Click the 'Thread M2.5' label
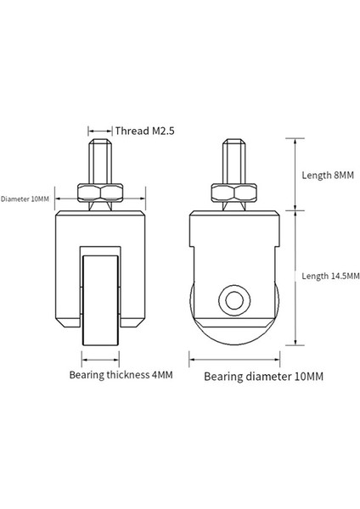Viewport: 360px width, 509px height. pos(144,131)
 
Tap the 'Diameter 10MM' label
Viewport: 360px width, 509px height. pos(25,199)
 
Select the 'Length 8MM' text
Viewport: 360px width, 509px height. pos(328,176)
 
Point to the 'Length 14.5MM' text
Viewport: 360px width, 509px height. pos(330,276)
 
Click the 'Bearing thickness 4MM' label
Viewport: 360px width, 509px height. pos(121,375)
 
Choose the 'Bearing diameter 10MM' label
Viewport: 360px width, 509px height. pos(263,377)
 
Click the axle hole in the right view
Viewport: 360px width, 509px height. pos(234,300)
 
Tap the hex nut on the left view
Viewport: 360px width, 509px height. pos(100,193)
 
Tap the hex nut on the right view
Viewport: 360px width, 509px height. pos(234,193)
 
